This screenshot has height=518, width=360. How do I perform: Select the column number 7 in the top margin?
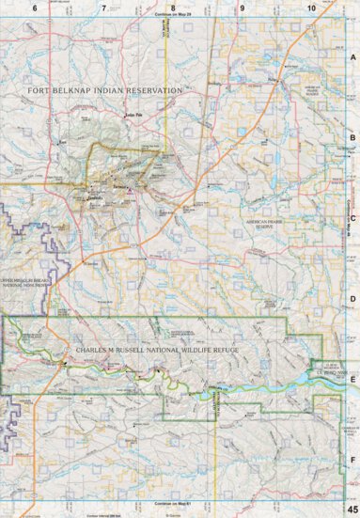[103, 8]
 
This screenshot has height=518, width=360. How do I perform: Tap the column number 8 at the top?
[173, 8]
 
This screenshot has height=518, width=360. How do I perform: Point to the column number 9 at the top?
[243, 8]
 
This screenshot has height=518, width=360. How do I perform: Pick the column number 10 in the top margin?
[310, 8]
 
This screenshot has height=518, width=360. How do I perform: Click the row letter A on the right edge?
[352, 57]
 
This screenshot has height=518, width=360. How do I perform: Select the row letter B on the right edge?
[352, 138]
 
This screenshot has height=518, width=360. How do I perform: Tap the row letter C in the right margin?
[352, 219]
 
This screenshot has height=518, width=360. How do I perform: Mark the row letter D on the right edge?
[352, 300]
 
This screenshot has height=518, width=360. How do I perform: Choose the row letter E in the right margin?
[352, 380]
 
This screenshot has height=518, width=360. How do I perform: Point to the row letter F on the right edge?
[352, 460]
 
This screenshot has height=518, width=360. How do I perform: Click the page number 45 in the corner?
[352, 509]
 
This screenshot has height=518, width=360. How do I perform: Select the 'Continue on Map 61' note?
[176, 504]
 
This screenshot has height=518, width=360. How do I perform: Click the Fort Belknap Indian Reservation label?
[104, 90]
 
